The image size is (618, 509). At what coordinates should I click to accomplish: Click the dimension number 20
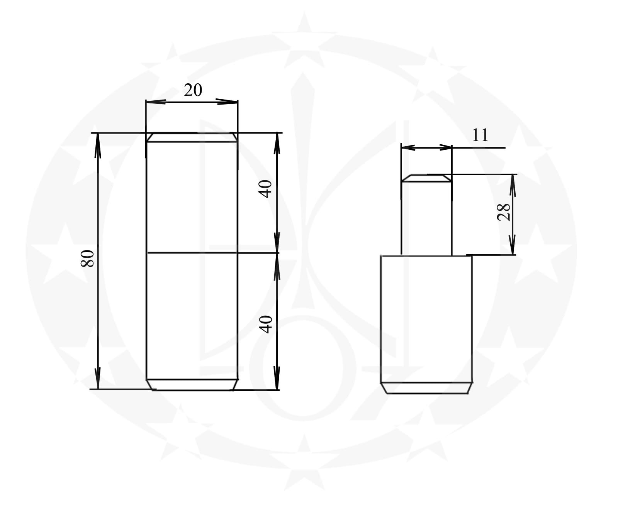(x=193, y=90)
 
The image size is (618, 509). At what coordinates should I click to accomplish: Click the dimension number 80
(x=88, y=259)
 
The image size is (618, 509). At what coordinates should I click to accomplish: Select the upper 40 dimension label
(x=266, y=189)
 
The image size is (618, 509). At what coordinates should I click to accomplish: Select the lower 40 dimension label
(x=266, y=324)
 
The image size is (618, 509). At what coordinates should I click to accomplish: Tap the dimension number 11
(x=480, y=135)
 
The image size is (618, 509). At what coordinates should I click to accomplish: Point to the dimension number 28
(x=503, y=212)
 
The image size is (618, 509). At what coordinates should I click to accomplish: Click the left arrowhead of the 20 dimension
(x=156, y=102)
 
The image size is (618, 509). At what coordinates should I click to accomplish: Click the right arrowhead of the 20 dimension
(x=227, y=102)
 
